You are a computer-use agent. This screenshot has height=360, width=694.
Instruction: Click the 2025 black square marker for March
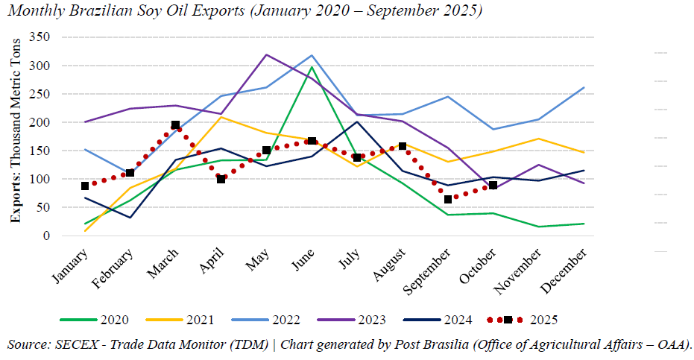pyautogui.click(x=175, y=125)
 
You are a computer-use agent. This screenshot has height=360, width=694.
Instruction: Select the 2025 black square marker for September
pyautogui.click(x=448, y=200)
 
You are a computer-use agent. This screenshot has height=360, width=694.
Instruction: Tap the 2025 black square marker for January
pyautogui.click(x=85, y=186)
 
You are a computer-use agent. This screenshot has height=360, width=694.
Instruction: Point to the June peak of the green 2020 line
pyautogui.click(x=312, y=67)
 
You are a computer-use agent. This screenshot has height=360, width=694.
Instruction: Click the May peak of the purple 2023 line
pyautogui.click(x=267, y=54)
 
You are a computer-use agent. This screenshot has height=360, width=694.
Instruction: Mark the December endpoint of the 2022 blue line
pyautogui.click(x=584, y=87)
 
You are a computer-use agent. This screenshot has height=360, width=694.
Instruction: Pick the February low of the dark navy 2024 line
pyautogui.click(x=130, y=218)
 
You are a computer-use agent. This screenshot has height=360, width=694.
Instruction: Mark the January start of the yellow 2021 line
pyautogui.click(x=85, y=231)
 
